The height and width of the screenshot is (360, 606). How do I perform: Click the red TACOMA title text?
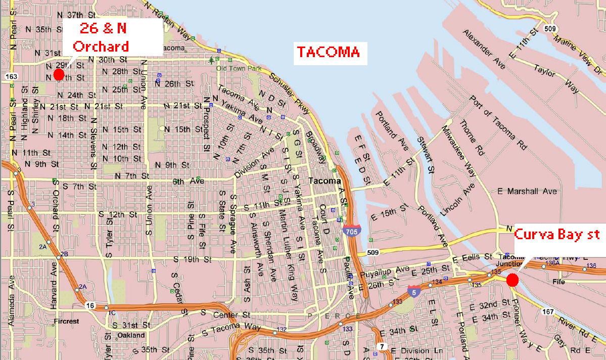click(328, 52)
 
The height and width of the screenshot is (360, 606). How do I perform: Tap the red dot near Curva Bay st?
click(512, 280)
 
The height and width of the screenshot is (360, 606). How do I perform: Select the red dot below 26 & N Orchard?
click(59, 75)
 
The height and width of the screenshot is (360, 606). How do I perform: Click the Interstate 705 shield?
click(352, 230)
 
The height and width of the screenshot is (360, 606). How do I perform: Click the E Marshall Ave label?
click(527, 192)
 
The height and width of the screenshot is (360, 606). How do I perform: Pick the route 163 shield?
click(12, 76)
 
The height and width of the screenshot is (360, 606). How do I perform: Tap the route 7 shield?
click(383, 346)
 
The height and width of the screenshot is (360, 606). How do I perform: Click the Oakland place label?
click(131, 335)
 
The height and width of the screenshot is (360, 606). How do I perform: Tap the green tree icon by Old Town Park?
click(211, 61)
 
